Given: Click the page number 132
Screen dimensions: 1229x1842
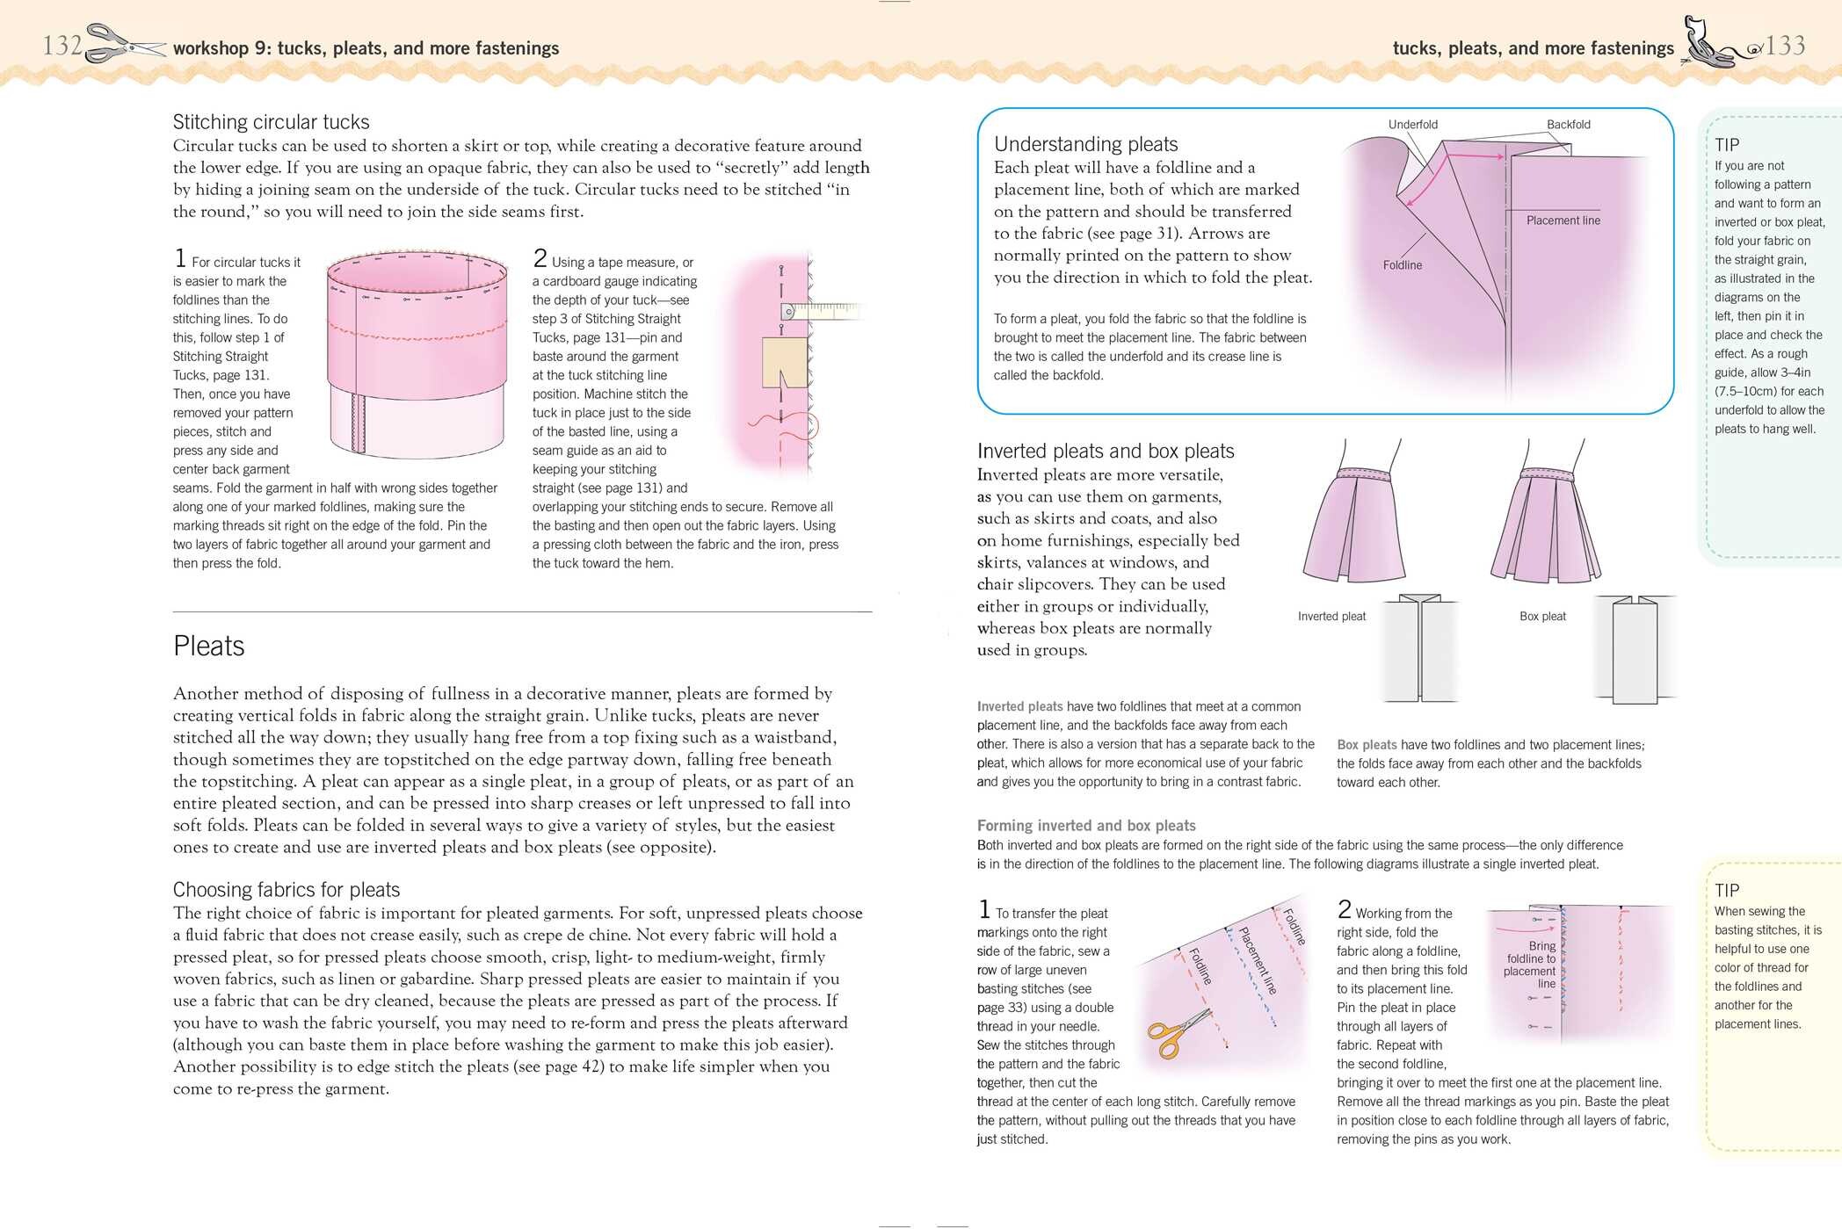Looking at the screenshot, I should (x=62, y=45).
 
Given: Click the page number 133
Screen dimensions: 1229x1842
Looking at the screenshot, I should (x=1785, y=45).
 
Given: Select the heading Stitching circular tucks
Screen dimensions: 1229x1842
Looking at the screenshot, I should (x=271, y=122).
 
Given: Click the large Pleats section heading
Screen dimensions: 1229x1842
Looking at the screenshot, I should (x=208, y=646).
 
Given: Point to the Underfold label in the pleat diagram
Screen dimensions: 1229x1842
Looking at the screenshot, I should (x=1412, y=125).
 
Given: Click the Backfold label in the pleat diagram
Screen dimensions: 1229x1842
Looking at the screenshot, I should (x=1568, y=125).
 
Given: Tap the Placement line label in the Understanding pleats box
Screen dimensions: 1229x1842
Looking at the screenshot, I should (x=1563, y=220).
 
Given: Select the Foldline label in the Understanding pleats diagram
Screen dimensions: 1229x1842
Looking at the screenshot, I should (x=1402, y=265).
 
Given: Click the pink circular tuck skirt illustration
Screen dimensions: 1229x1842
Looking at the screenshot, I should (x=417, y=351).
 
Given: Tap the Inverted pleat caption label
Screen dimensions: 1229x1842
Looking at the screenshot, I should (x=1331, y=617).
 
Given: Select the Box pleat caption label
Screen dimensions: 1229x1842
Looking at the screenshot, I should (x=1542, y=617).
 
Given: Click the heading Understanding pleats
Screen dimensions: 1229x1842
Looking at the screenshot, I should (x=1085, y=144).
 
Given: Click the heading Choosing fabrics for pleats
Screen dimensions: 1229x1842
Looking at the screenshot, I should (x=286, y=890).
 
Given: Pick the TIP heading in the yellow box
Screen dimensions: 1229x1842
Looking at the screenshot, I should (x=1726, y=890).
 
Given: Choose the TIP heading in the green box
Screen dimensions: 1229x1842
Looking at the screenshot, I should (x=1726, y=145).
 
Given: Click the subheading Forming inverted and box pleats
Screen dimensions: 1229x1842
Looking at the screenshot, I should (x=1085, y=826).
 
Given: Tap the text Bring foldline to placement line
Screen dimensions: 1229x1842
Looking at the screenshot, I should (x=1530, y=965).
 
